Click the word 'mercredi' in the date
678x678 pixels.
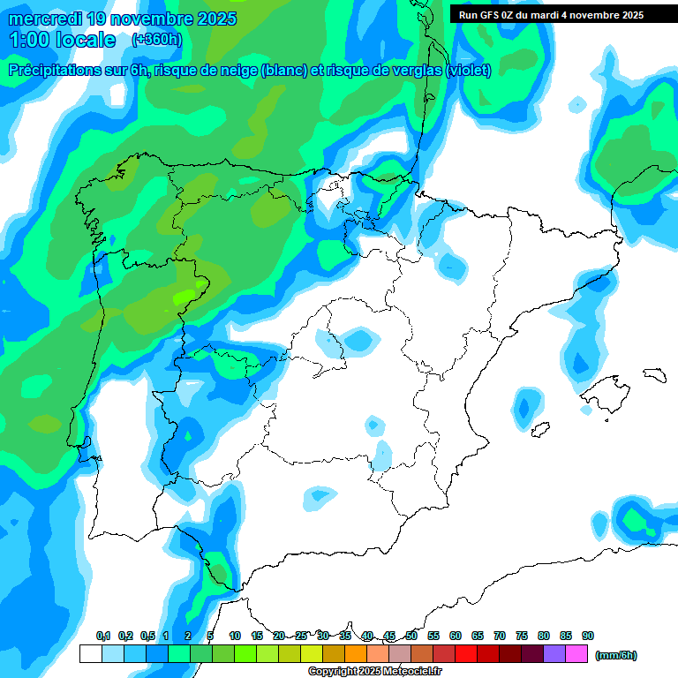pos(46,19)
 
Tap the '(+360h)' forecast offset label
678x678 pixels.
pos(156,40)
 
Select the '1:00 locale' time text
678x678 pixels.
pos(62,40)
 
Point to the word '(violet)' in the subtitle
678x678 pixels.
pos(468,70)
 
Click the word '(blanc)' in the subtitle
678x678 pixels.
pos(283,70)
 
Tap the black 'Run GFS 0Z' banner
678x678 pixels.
pos(552,15)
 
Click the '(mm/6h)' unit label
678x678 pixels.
pos(615,655)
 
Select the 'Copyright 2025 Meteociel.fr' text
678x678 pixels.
pos(374,672)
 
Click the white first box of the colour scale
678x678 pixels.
pos(90,654)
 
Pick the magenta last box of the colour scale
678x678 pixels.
pos(576,654)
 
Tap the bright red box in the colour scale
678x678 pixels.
pos(466,654)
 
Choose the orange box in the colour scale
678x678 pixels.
pos(356,654)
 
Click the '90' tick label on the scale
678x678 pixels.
pos(588,636)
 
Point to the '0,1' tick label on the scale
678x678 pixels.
pos(102,636)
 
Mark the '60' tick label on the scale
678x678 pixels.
pos(456,636)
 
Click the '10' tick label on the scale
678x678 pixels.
pos(235,636)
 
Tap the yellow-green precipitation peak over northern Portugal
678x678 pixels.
pos(185,297)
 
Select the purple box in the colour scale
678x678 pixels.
pos(554,654)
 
